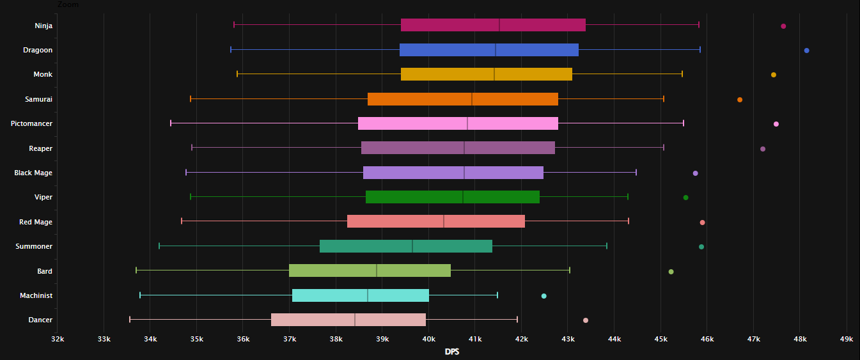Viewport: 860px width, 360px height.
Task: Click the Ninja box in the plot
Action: click(x=448, y=25)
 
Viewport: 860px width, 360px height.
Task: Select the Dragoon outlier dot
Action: click(x=806, y=51)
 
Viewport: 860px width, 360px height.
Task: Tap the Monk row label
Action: click(x=43, y=75)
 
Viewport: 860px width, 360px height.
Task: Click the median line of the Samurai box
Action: click(x=472, y=99)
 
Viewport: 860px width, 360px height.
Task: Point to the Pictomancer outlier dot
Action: click(x=776, y=124)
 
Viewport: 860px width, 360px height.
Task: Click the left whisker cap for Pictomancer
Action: click(x=171, y=123)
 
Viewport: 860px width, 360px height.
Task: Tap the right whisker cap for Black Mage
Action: click(x=636, y=173)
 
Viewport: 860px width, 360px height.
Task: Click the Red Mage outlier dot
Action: click(x=702, y=223)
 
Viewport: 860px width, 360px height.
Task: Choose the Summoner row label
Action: click(x=34, y=246)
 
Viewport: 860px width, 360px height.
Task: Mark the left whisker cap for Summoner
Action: click(x=159, y=246)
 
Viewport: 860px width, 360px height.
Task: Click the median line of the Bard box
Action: click(x=377, y=270)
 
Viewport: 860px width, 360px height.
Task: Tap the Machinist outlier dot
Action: click(x=543, y=296)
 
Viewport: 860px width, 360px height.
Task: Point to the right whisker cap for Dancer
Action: click(x=517, y=320)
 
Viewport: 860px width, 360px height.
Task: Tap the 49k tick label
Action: click(x=846, y=338)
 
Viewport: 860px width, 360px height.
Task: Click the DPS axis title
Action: click(x=451, y=352)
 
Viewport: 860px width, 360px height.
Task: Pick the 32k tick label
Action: click(x=58, y=338)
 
